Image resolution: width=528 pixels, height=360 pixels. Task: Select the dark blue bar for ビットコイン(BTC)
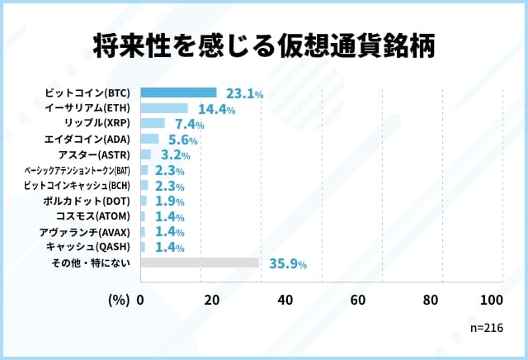pyautogui.click(x=179, y=92)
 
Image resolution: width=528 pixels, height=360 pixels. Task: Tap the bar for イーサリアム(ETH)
pyautogui.click(x=164, y=108)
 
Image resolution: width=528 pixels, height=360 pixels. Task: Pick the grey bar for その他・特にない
pyautogui.click(x=200, y=263)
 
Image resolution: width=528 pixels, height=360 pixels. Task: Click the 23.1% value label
pyautogui.click(x=243, y=94)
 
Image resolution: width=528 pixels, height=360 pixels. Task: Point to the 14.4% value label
pyautogui.click(x=214, y=109)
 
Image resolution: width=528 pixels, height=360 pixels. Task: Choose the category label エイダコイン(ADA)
pyautogui.click(x=88, y=139)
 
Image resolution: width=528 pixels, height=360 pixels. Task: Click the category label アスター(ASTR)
pyautogui.click(x=96, y=154)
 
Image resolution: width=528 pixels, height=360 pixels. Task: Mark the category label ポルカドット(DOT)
pyautogui.click(x=87, y=201)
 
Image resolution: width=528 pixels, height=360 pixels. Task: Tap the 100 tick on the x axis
pyautogui.click(x=491, y=300)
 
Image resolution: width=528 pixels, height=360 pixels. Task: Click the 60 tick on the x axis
pyautogui.click(x=358, y=300)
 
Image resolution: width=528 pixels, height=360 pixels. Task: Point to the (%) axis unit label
pyautogui.click(x=119, y=300)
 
